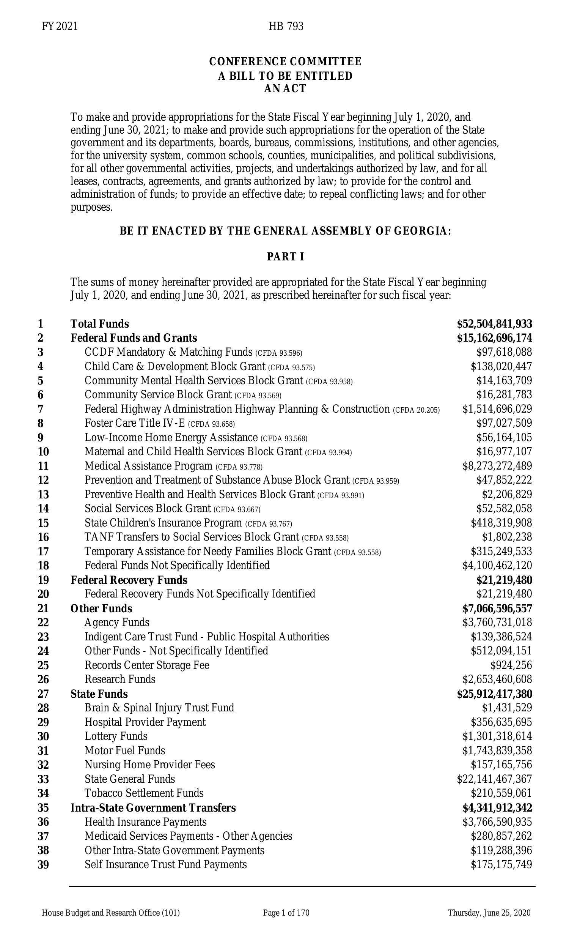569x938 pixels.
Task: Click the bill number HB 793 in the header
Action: click(286, 26)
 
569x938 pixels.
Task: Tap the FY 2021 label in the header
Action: click(60, 26)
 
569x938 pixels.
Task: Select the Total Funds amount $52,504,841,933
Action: click(494, 324)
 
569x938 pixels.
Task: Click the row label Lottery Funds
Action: click(116, 736)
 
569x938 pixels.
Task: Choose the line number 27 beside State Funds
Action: click(43, 694)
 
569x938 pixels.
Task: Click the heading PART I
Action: click(285, 257)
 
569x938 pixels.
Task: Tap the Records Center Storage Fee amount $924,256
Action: click(511, 665)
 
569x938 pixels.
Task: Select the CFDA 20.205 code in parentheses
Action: click(417, 410)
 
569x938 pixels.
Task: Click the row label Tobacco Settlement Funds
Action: click(144, 793)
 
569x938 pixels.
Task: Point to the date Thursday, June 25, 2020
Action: click(489, 913)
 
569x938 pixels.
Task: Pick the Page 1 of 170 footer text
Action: click(286, 913)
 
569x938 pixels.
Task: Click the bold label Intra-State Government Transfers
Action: click(153, 807)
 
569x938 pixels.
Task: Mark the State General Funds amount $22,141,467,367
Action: click(494, 779)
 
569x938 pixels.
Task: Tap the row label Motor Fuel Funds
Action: click(125, 750)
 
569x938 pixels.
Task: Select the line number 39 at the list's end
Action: click(43, 864)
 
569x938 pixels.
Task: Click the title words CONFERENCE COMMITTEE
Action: click(285, 61)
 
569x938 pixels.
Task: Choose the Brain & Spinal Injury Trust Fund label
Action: click(159, 708)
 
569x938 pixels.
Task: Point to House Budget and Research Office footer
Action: click(110, 913)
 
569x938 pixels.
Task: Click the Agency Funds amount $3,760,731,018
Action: click(497, 623)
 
